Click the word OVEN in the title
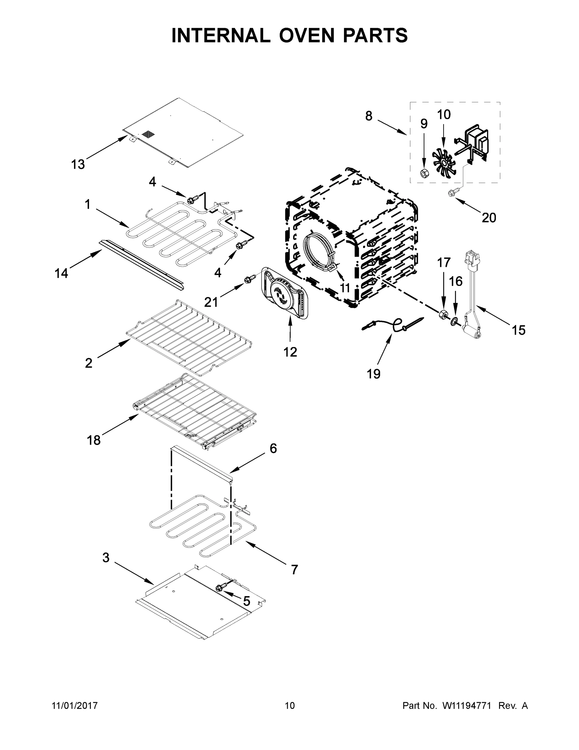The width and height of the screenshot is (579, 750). coord(306,35)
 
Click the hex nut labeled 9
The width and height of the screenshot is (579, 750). coord(424,173)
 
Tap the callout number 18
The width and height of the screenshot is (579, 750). coord(93,440)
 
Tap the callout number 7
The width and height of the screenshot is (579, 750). coord(294,570)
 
